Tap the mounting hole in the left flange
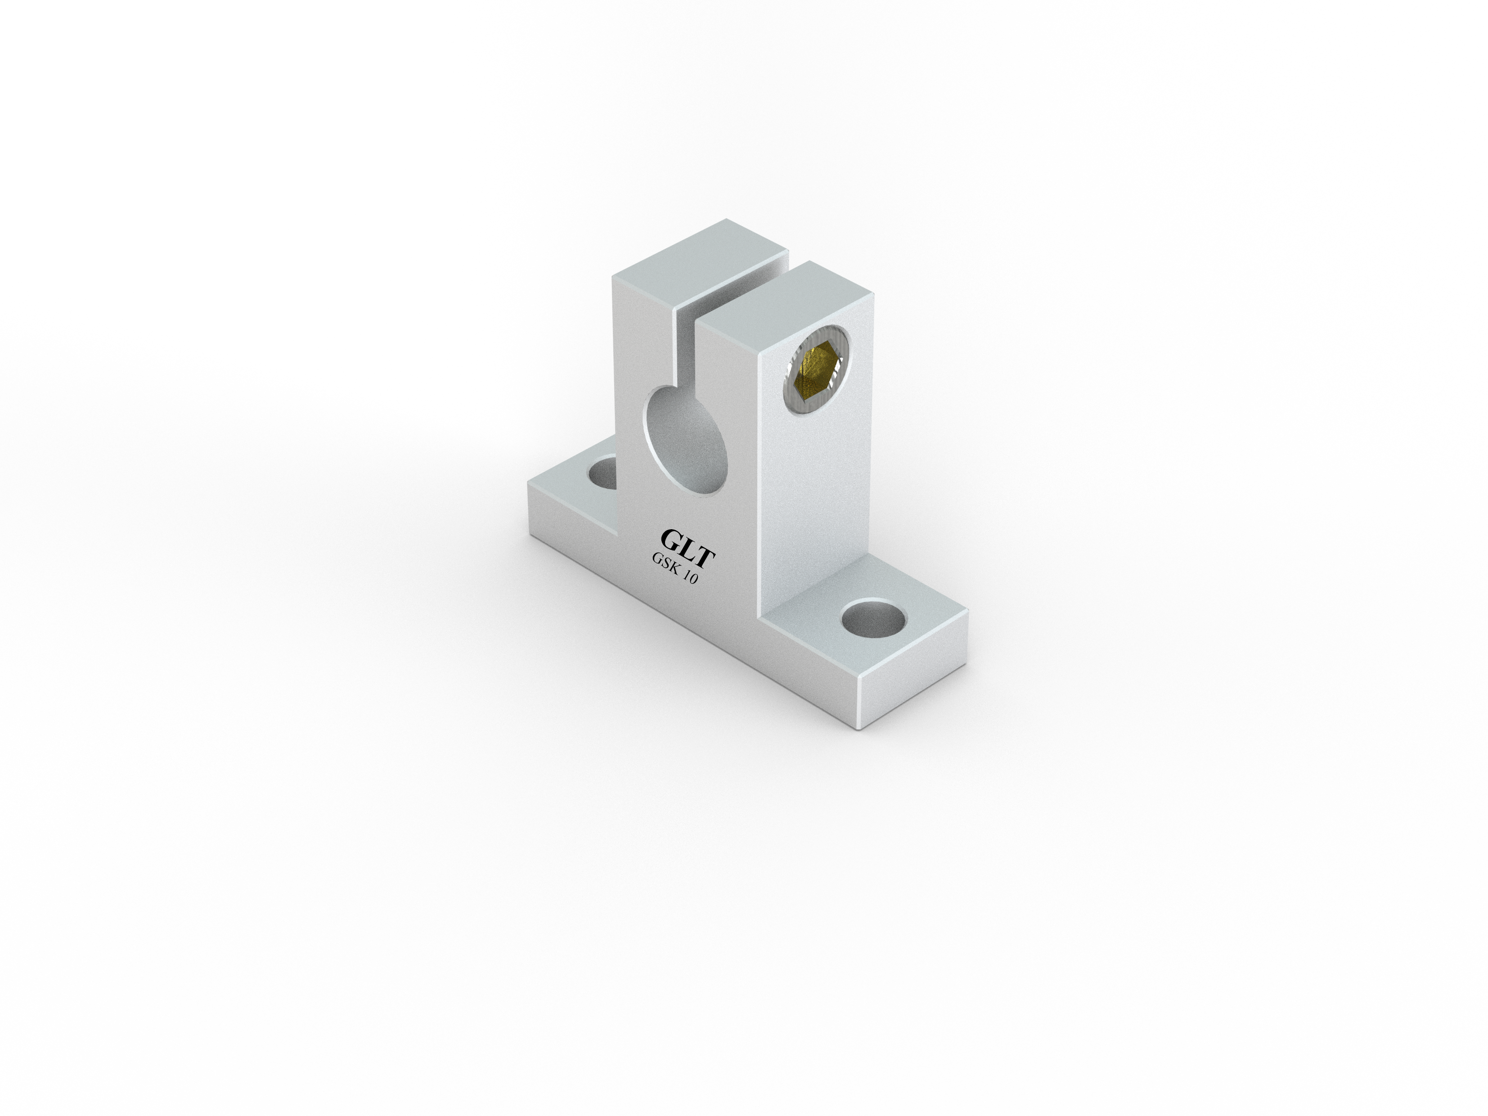[603, 472]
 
